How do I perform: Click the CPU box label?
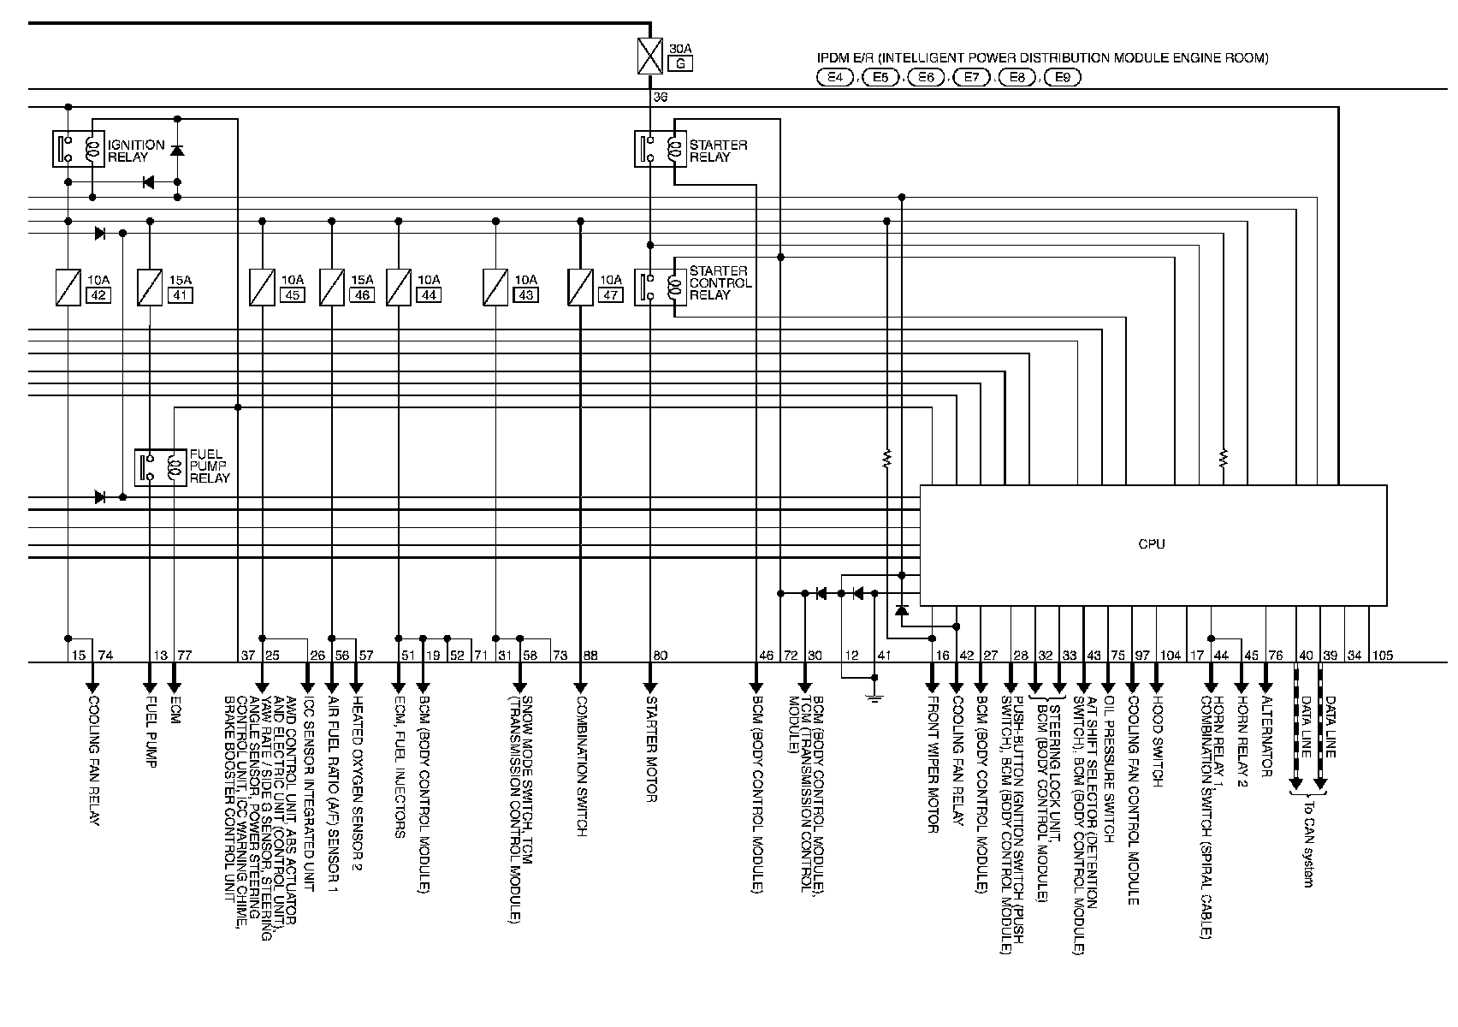coord(1152,544)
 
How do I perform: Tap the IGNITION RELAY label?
coord(136,151)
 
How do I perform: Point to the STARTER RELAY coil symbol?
coord(674,150)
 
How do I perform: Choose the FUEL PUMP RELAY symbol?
coord(162,466)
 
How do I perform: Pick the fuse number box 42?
coord(97,295)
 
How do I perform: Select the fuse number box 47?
coord(610,295)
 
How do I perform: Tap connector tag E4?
coord(835,77)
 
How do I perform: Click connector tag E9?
coord(1062,77)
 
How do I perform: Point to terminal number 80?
coord(660,656)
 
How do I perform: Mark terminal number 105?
coord(1382,656)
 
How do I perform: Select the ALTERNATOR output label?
coord(1266,733)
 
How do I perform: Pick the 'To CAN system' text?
coord(1307,843)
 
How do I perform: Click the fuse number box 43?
coord(525,295)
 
